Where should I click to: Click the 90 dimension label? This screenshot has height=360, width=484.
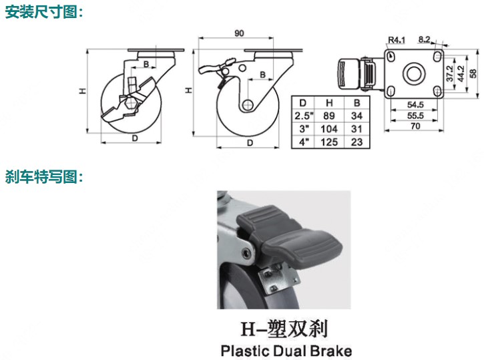(x=239, y=33)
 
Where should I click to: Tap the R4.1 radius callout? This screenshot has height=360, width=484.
(x=397, y=40)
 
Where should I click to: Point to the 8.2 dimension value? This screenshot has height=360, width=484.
(x=424, y=39)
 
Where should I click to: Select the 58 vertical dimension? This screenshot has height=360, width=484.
(x=473, y=73)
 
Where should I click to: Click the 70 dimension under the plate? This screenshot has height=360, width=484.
(x=415, y=126)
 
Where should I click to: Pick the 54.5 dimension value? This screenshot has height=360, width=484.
(x=415, y=105)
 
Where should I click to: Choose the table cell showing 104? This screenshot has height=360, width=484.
(x=329, y=129)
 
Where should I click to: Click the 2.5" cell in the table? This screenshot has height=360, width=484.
(x=304, y=116)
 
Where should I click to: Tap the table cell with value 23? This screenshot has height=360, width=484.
(x=356, y=142)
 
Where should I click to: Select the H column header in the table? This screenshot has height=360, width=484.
(x=329, y=103)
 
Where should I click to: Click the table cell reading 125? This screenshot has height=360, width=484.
(x=329, y=142)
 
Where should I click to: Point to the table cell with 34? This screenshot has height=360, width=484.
(x=356, y=116)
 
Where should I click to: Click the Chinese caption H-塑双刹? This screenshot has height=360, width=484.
(x=284, y=329)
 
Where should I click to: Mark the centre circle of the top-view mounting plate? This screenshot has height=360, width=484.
(x=414, y=73)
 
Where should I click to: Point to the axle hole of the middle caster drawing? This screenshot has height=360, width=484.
(x=247, y=105)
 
